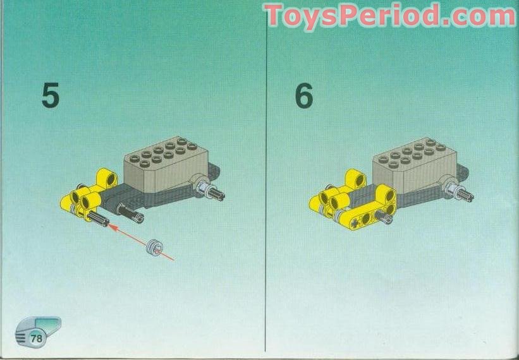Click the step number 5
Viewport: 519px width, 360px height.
click(x=51, y=95)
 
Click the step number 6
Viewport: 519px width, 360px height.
click(x=304, y=96)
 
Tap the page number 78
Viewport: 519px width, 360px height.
click(x=37, y=338)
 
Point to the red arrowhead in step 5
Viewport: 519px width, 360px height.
click(x=112, y=223)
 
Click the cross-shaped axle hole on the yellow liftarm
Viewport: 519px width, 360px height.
click(x=357, y=222)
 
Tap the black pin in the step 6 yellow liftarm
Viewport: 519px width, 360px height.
click(x=384, y=216)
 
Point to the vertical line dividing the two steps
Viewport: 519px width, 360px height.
click(x=266, y=189)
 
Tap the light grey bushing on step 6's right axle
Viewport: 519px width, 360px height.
click(x=453, y=186)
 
